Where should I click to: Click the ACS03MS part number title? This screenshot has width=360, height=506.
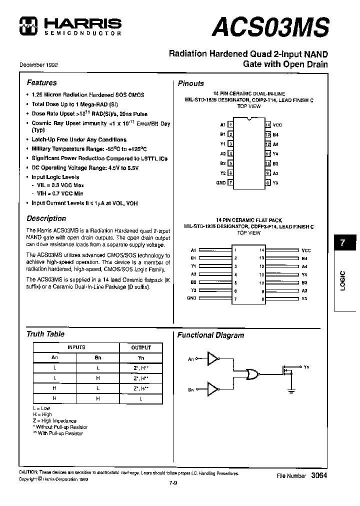pyautogui.click(x=270, y=26)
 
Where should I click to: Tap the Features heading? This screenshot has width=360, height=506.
pyautogui.click(x=41, y=82)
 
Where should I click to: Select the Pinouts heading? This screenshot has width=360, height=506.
pyautogui.click(x=191, y=83)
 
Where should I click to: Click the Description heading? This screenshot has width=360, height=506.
pyautogui.click(x=46, y=218)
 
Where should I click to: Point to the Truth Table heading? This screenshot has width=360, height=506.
pyautogui.click(x=45, y=334)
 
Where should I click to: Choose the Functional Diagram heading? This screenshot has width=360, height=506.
pyautogui.click(x=210, y=335)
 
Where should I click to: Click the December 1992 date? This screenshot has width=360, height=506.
pyautogui.click(x=38, y=65)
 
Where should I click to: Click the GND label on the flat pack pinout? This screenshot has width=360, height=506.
pyautogui.click(x=191, y=298)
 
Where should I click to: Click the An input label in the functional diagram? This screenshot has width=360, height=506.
pyautogui.click(x=190, y=358)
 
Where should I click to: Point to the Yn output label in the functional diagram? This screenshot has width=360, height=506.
pyautogui.click(x=306, y=367)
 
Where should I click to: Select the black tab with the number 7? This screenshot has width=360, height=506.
pyautogui.click(x=342, y=243)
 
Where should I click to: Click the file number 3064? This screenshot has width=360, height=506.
pyautogui.click(x=319, y=476)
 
